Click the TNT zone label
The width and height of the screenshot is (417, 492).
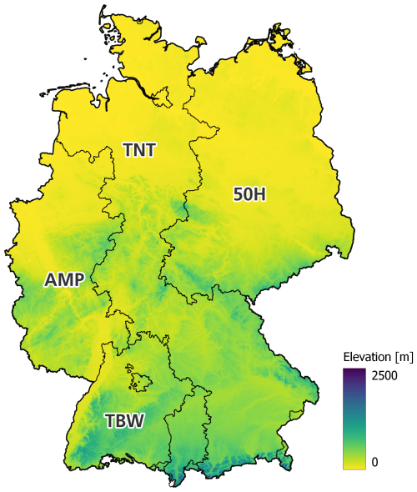tap(139, 150)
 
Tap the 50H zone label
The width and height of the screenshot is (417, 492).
tap(249, 194)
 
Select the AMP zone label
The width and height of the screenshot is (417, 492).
tap(63, 280)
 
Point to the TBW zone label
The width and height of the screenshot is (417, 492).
tap(125, 421)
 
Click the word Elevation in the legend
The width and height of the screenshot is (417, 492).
tap(364, 357)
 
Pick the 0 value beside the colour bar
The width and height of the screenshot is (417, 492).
tap(376, 461)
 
